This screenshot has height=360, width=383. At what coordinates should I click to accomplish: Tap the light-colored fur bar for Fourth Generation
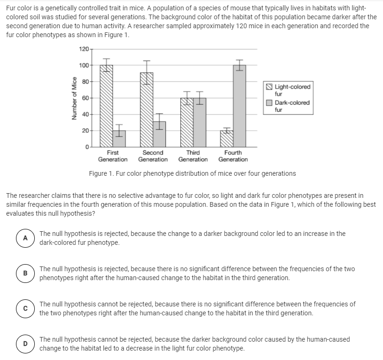pos(227,139)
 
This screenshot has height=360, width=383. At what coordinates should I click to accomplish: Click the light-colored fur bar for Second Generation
pos(147,110)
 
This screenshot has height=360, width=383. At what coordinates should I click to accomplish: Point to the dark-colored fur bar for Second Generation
pos(159,134)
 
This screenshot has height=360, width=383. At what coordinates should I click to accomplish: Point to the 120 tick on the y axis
pos(84,49)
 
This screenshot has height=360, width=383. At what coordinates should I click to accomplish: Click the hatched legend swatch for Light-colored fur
pos(269,87)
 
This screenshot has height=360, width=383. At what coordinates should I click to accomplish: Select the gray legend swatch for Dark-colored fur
pos(269,103)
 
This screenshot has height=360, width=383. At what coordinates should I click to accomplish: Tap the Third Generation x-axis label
pos(193,156)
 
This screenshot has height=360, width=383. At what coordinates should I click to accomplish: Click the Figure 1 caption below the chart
pos(192,173)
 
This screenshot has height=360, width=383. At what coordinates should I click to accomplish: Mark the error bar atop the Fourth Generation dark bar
pos(240,65)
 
